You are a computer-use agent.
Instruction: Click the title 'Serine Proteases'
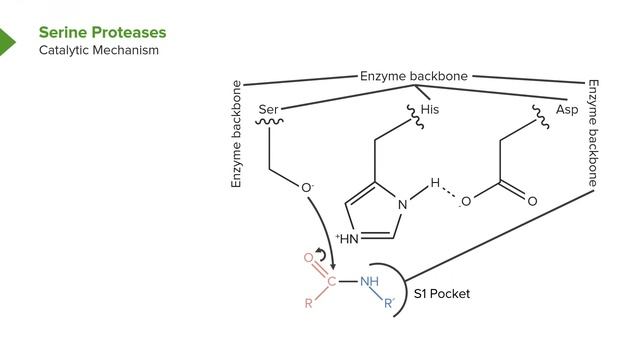102,33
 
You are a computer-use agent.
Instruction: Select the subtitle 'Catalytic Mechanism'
99,50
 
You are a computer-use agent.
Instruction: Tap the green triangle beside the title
8,42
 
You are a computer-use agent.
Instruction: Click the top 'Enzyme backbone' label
414,76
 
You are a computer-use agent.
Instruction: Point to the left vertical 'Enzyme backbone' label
237,134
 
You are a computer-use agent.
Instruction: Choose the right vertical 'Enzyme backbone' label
593,134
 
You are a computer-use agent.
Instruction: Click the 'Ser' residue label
268,109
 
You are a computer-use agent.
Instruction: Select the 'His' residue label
430,109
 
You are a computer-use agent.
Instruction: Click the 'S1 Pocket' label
442,294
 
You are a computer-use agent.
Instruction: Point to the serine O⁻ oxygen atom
307,187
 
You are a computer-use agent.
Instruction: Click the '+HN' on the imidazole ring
347,238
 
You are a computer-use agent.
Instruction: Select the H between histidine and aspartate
435,183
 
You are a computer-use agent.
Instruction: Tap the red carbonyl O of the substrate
308,258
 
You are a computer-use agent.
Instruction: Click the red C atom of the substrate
331,281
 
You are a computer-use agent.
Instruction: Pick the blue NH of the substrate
370,281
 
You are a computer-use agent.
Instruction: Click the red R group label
309,304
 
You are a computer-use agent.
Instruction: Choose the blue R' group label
389,302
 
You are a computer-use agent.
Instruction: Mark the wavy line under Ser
268,123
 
